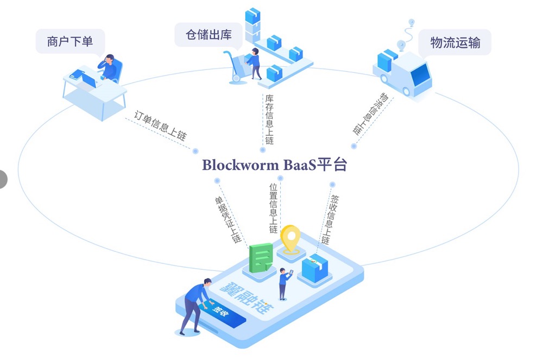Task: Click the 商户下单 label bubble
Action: tap(70, 41)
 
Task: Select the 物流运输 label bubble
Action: tap(455, 42)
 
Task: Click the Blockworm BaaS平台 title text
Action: tap(274, 165)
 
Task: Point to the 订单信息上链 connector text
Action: tap(160, 126)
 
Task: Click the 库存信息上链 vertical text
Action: tap(269, 119)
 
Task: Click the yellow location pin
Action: tap(291, 239)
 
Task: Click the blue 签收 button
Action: tap(220, 314)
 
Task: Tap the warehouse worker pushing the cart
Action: tap(254, 63)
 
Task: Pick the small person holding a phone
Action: tap(283, 282)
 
